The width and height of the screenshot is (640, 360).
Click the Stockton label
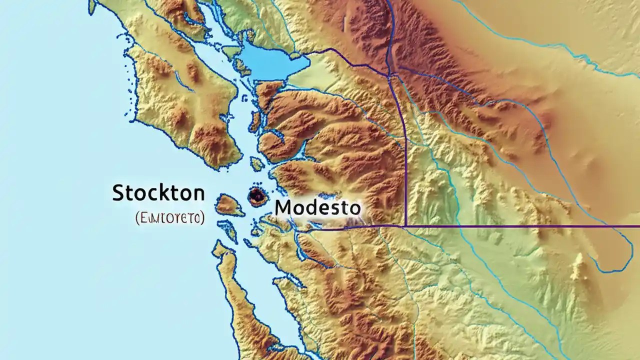click(158, 192)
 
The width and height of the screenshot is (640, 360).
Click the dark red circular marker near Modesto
click(256, 197)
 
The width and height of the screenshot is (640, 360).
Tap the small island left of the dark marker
click(228, 205)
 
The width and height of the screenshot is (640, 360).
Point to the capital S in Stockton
click(118, 192)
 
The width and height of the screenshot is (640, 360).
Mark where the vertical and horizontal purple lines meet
click(405, 226)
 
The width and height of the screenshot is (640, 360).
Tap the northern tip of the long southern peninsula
click(218, 245)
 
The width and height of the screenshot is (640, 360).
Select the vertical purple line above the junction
click(403, 150)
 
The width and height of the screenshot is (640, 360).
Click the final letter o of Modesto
click(354, 208)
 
